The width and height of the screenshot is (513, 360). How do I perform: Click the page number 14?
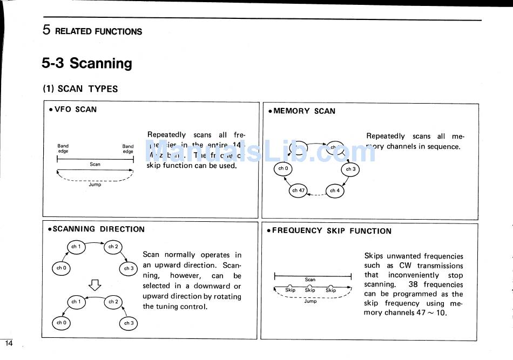(8, 343)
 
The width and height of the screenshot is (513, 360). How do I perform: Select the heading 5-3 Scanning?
(87, 63)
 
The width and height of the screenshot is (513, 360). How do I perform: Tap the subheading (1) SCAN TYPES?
(80, 89)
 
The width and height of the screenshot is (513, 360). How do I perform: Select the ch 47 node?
(298, 191)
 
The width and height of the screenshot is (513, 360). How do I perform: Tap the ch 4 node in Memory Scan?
(335, 191)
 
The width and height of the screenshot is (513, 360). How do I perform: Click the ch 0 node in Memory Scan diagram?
(283, 169)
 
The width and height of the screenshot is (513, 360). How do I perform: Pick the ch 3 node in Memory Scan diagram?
(350, 169)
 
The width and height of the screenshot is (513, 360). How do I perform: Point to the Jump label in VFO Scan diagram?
(94, 185)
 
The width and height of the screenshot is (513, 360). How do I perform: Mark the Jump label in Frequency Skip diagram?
(310, 301)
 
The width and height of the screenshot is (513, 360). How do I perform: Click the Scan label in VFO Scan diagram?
(95, 164)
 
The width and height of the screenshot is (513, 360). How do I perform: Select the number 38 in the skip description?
(413, 284)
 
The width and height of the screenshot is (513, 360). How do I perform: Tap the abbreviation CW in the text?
(405, 266)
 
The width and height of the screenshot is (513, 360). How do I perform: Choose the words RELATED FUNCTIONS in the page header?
(98, 31)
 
